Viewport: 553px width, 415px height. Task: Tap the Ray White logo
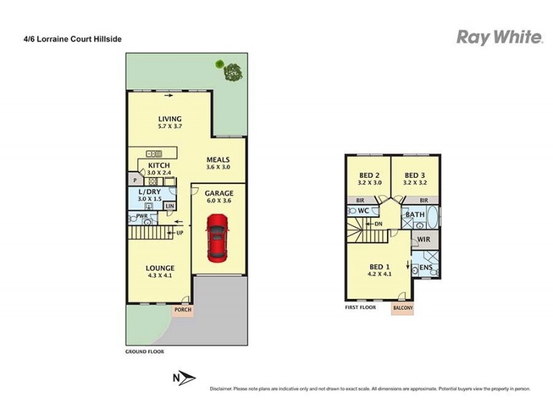[x=498, y=38]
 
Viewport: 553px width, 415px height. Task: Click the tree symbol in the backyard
[x=232, y=69]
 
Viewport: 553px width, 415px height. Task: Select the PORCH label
[x=183, y=309]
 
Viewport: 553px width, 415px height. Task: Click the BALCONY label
[x=403, y=307]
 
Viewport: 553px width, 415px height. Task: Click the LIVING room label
[x=169, y=118]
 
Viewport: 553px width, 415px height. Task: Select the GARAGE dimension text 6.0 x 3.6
[x=219, y=201]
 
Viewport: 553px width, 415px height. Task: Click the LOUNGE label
[x=160, y=268]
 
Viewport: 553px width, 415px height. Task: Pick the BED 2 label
[x=370, y=175]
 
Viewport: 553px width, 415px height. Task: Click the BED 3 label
[x=414, y=175]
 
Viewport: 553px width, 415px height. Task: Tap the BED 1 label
[x=377, y=266]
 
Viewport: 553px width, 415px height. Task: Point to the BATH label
[x=415, y=215]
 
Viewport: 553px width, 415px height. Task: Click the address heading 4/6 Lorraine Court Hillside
[x=72, y=39]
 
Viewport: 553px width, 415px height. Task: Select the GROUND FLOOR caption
[x=144, y=351]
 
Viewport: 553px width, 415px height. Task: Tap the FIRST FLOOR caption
[x=360, y=307]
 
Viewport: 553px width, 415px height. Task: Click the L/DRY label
[x=150, y=192]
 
